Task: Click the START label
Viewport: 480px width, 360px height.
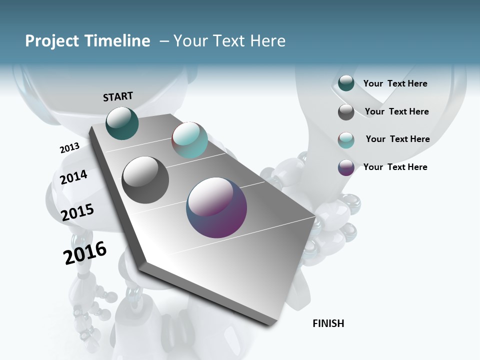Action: point(118,96)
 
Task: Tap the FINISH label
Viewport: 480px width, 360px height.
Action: point(328,323)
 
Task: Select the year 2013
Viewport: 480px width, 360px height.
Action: point(69,148)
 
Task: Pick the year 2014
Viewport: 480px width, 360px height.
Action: point(74,177)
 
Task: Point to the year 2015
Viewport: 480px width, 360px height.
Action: point(77,212)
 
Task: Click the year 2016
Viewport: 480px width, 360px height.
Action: point(85,253)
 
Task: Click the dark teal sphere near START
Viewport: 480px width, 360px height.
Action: point(122,123)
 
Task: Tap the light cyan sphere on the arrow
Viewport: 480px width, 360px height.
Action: point(189,140)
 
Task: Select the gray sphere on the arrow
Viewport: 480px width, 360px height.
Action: point(145,180)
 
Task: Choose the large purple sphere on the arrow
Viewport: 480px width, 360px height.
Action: point(216,207)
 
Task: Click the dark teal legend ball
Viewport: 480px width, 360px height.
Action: point(346,83)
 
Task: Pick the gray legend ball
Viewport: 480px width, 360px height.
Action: point(346,112)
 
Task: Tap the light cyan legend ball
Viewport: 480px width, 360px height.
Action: point(346,140)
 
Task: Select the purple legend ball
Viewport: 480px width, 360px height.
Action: point(346,167)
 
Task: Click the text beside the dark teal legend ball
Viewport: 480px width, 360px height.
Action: point(395,83)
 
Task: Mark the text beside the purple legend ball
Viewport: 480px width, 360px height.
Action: point(395,167)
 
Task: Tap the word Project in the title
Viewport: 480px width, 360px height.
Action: point(51,41)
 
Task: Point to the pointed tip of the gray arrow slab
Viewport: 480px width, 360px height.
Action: point(274,324)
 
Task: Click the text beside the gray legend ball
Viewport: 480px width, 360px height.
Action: point(396,111)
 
